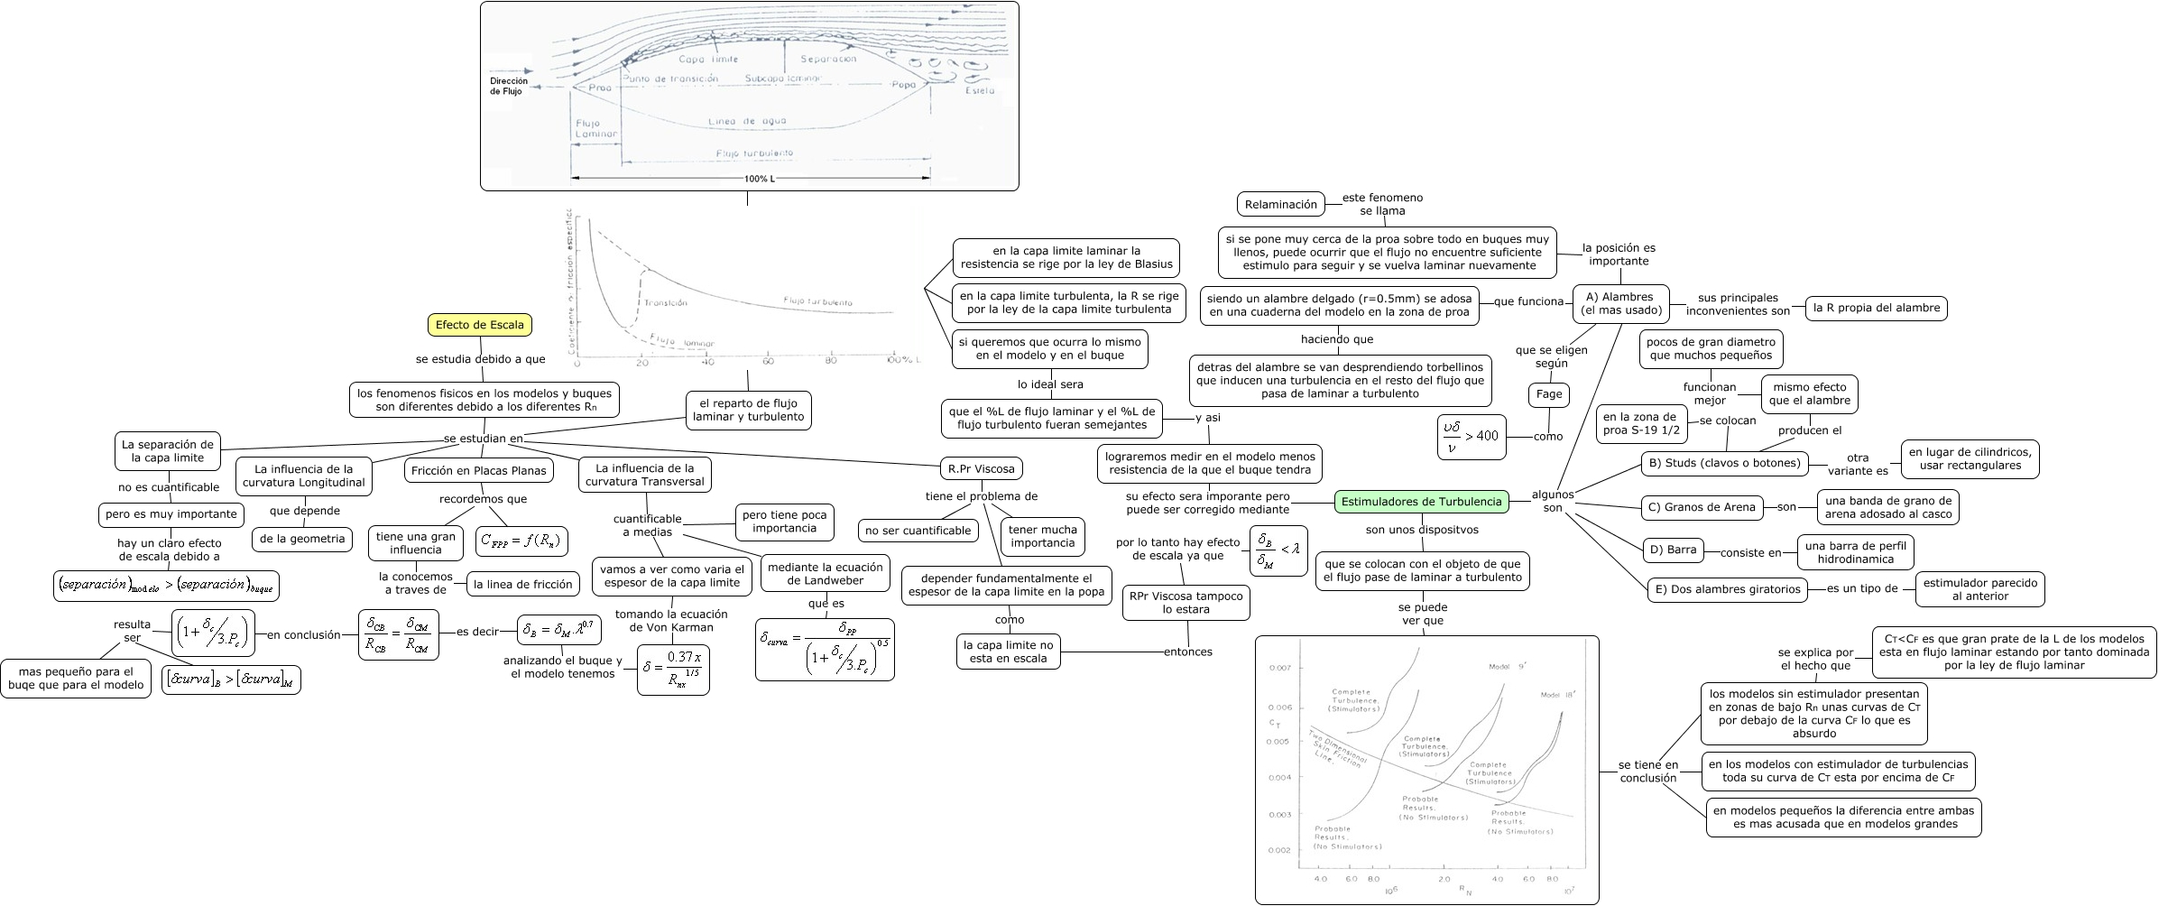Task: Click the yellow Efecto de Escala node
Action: click(x=479, y=325)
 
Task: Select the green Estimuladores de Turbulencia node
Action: click(x=1421, y=502)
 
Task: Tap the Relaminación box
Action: click(x=1280, y=205)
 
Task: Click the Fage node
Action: click(x=1549, y=394)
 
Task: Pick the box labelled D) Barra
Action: click(x=1673, y=550)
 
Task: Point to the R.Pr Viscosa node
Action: click(x=981, y=468)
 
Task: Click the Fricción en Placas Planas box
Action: click(x=478, y=470)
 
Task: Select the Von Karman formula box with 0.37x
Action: click(x=673, y=669)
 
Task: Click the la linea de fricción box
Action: click(x=522, y=584)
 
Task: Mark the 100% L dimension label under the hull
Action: click(x=759, y=179)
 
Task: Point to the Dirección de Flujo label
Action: click(x=509, y=87)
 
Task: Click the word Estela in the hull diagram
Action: click(x=980, y=90)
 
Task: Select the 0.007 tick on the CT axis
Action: click(x=1279, y=668)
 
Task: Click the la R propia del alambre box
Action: click(x=1876, y=308)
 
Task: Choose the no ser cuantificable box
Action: click(x=918, y=531)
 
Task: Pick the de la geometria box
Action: click(x=302, y=539)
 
